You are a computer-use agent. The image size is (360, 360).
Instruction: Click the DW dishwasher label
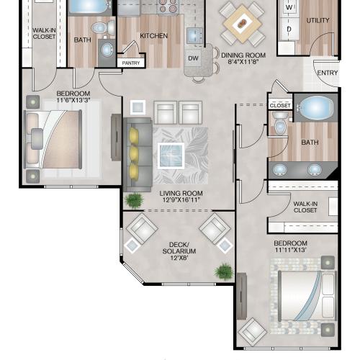tap(193, 58)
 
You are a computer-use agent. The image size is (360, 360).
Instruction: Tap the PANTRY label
tap(131, 63)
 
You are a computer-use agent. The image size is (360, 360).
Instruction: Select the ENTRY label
tap(328, 73)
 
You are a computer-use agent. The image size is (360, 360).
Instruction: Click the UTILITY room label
tap(318, 21)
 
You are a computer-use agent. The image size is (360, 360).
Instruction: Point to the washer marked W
tap(289, 7)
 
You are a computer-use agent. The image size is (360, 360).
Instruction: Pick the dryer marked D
tap(289, 29)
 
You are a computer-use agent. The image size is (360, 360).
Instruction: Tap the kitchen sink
tap(195, 36)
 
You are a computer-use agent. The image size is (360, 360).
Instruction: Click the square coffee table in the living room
tap(171, 156)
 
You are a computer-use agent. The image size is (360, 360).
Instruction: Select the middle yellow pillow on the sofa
tap(133, 153)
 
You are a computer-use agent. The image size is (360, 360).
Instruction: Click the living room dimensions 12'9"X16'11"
tap(181, 199)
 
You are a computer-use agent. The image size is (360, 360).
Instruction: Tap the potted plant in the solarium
tap(224, 271)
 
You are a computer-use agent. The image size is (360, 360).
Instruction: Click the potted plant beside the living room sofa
tap(135, 199)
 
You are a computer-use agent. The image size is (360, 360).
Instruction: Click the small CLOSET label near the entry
tap(280, 106)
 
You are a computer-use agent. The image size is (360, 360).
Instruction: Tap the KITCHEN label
tap(154, 36)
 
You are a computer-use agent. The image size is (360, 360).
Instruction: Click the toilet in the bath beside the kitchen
tap(104, 27)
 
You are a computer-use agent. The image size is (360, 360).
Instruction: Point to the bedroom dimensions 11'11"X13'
tap(291, 250)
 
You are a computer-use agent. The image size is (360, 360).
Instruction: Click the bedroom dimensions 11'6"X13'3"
tap(73, 100)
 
